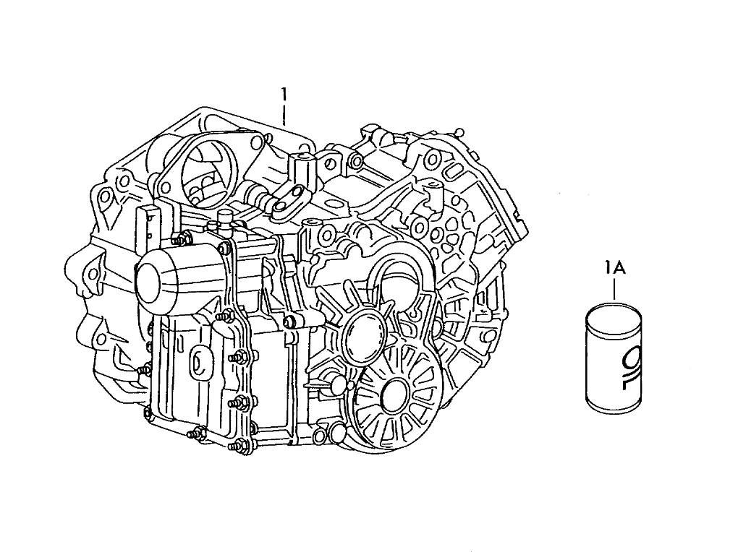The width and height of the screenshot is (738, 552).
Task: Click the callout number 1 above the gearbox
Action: [285, 94]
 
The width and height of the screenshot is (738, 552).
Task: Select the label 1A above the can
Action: [614, 269]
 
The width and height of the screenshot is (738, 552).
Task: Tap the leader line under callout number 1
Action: [285, 115]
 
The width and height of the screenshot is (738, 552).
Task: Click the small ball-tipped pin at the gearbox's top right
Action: [459, 132]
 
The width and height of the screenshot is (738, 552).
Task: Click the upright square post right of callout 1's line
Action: [300, 170]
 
